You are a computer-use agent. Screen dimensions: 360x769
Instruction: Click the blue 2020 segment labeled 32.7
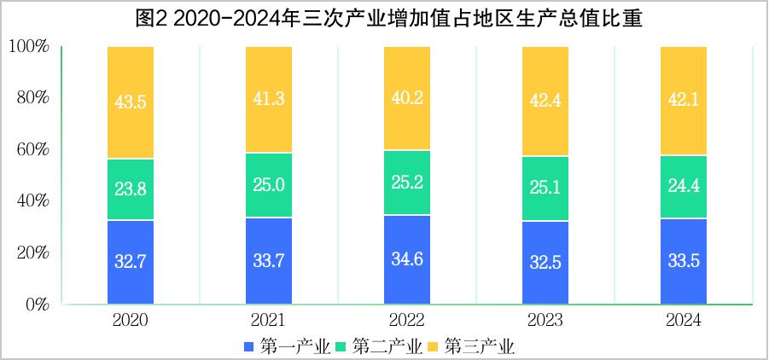[131, 262]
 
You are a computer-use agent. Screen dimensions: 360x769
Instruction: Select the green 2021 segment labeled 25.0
[269, 185]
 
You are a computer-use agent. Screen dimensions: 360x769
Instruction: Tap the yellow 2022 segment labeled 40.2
[407, 98]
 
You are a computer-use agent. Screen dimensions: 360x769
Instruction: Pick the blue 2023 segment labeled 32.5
[545, 263]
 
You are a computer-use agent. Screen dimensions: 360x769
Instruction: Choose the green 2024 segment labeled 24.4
[684, 187]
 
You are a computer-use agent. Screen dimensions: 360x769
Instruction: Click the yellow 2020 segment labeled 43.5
[131, 102]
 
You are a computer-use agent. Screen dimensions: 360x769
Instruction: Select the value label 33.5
[684, 261]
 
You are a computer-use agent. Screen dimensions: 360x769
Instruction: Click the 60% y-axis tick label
[32, 149]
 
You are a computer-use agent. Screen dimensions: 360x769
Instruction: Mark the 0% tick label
[37, 305]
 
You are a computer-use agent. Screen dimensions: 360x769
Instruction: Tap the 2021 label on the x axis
[269, 321]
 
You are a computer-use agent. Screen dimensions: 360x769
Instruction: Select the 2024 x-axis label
[684, 321]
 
